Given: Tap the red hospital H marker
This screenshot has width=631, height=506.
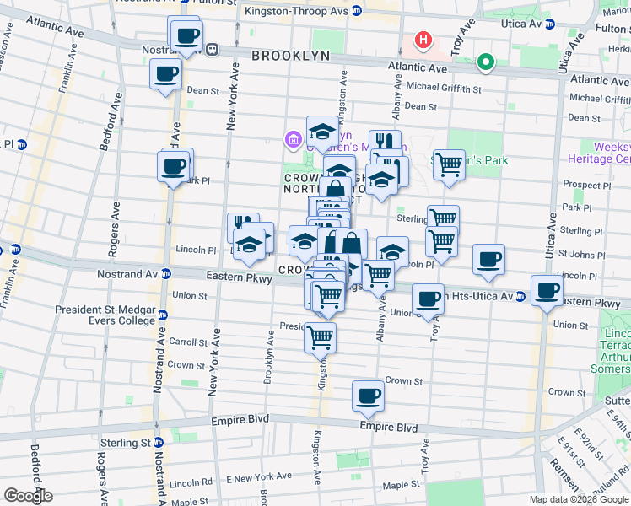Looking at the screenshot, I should [422, 40].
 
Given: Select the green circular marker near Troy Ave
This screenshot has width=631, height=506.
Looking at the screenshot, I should [485, 62].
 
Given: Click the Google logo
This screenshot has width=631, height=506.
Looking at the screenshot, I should [27, 496].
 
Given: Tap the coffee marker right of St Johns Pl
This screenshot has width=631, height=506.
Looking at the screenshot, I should [488, 260].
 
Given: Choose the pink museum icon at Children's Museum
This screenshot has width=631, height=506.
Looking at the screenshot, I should [294, 138].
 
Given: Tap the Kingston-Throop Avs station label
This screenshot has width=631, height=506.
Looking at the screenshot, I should [296, 11].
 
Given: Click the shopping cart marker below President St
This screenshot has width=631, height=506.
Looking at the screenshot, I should [320, 336].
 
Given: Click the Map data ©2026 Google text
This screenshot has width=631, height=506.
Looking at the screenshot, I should [578, 499].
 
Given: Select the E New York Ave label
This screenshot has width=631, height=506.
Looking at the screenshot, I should [252, 477].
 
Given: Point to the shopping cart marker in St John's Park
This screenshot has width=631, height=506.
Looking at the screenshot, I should [449, 165].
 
